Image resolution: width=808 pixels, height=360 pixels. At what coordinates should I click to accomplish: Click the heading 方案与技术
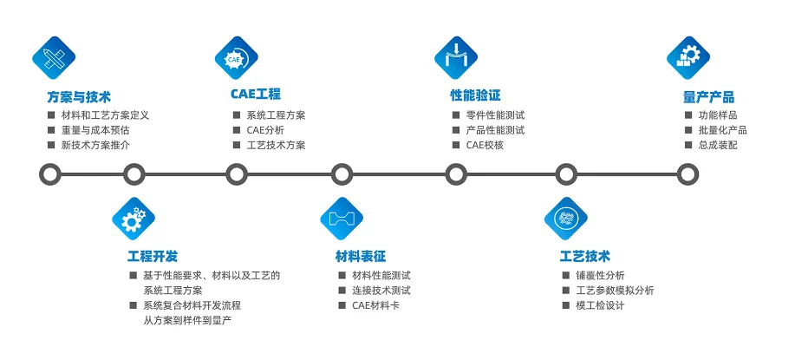tap(79, 97)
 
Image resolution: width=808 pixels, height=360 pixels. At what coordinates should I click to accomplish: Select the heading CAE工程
tap(256, 95)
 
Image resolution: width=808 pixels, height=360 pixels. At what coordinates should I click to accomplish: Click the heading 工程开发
tap(153, 256)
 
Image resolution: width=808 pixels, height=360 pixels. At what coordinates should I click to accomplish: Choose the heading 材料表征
tap(361, 256)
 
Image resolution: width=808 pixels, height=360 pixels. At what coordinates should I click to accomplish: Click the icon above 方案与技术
tap(55, 58)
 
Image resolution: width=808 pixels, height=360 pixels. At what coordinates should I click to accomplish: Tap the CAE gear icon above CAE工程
tap(237, 58)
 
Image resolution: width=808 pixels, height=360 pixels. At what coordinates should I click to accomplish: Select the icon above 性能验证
tap(456, 58)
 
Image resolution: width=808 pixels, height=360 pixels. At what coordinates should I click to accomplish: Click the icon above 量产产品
tap(689, 58)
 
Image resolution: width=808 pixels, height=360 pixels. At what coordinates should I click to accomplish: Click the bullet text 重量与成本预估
tap(95, 130)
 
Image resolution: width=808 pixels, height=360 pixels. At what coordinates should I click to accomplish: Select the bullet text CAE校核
tap(485, 145)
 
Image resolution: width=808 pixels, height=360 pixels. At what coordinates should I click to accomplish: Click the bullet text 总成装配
tap(717, 145)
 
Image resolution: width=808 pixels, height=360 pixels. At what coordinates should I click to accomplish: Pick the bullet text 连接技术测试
tap(381, 291)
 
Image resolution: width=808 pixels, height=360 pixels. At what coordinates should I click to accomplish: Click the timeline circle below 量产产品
tap(687, 174)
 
